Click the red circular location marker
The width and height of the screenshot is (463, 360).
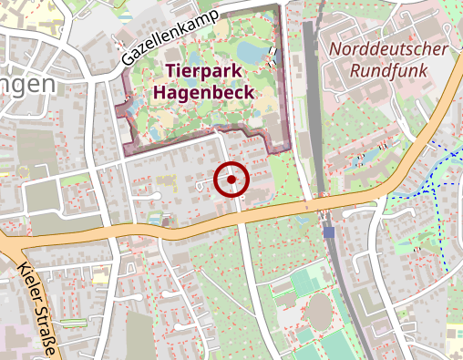coord(231,180)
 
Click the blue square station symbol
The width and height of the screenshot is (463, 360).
coord(328,232)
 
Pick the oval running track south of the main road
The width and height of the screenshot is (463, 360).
coord(318,312)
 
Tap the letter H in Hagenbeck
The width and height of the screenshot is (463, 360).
coord(160,91)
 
